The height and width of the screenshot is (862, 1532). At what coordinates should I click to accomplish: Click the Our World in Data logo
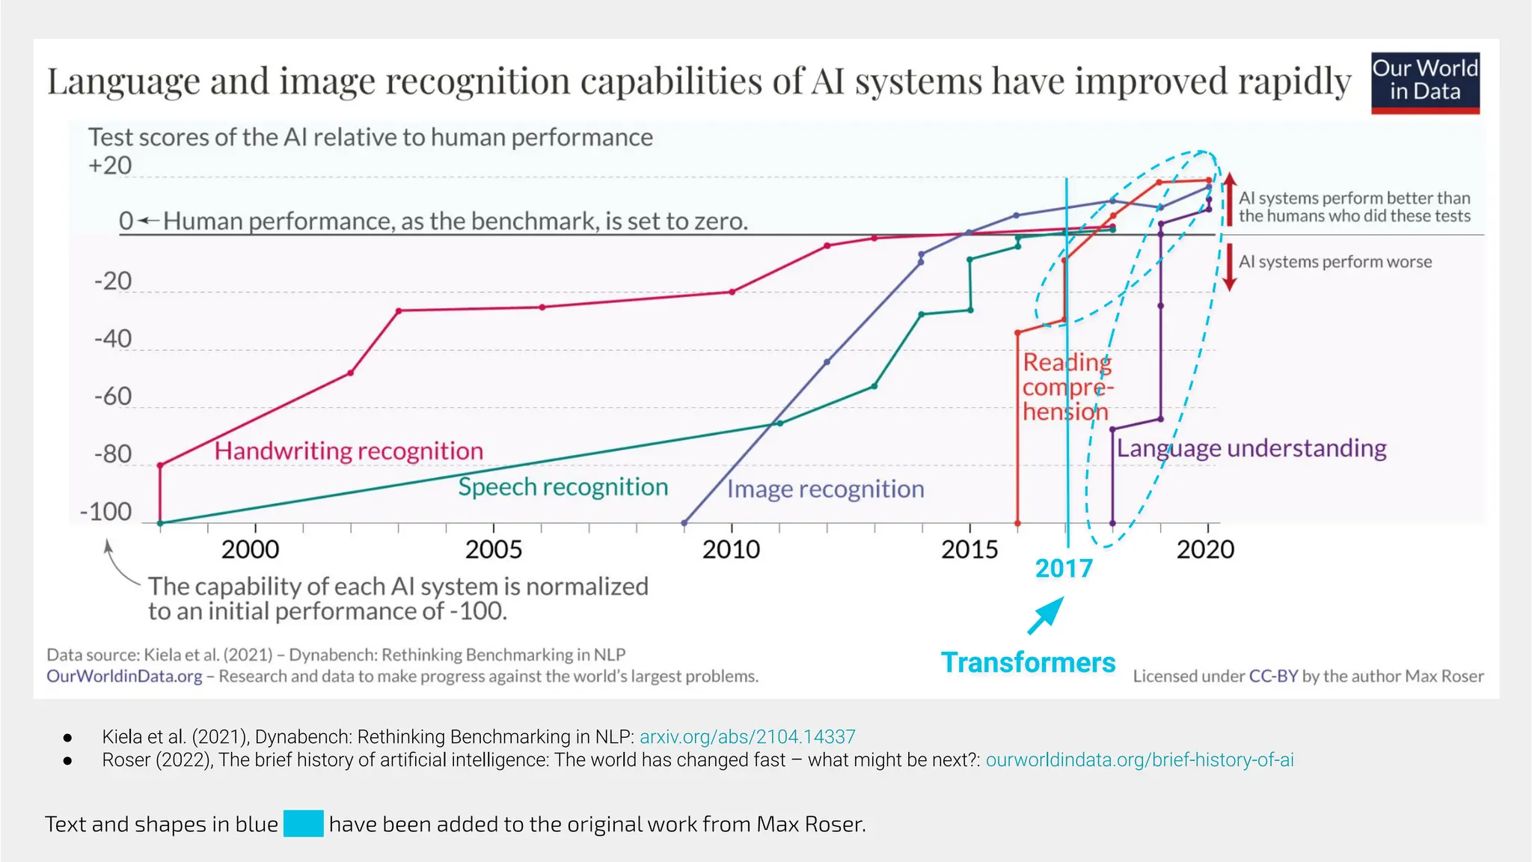point(1425,82)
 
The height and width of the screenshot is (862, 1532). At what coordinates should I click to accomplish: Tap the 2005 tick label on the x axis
point(494,550)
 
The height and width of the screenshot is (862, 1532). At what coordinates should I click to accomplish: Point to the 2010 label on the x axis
point(731,550)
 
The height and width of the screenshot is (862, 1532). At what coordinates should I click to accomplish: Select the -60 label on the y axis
point(113,397)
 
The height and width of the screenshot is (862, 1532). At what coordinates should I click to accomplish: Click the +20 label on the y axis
point(110,165)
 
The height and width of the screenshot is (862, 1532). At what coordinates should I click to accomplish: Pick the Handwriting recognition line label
point(349,451)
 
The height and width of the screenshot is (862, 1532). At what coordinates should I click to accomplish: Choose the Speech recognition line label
point(563,487)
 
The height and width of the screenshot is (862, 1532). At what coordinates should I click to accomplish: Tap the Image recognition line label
point(826,489)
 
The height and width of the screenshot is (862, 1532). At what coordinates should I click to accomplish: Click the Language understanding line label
point(1251,448)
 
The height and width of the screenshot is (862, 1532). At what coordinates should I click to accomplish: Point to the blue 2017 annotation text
point(1064,569)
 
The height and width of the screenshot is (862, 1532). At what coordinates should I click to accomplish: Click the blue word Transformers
point(1028,663)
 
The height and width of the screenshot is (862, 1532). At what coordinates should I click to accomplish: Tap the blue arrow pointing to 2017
point(1046,616)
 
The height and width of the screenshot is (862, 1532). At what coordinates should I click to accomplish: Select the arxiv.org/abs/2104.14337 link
point(747,737)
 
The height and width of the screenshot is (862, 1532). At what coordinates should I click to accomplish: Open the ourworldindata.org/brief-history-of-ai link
point(1139,760)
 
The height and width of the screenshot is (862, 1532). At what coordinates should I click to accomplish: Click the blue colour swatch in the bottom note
point(303,824)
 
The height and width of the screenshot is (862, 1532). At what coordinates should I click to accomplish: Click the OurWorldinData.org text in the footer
point(124,676)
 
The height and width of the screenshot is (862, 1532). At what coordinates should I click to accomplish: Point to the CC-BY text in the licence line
point(1273,676)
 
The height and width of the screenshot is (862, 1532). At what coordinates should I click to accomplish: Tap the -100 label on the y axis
point(105,513)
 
